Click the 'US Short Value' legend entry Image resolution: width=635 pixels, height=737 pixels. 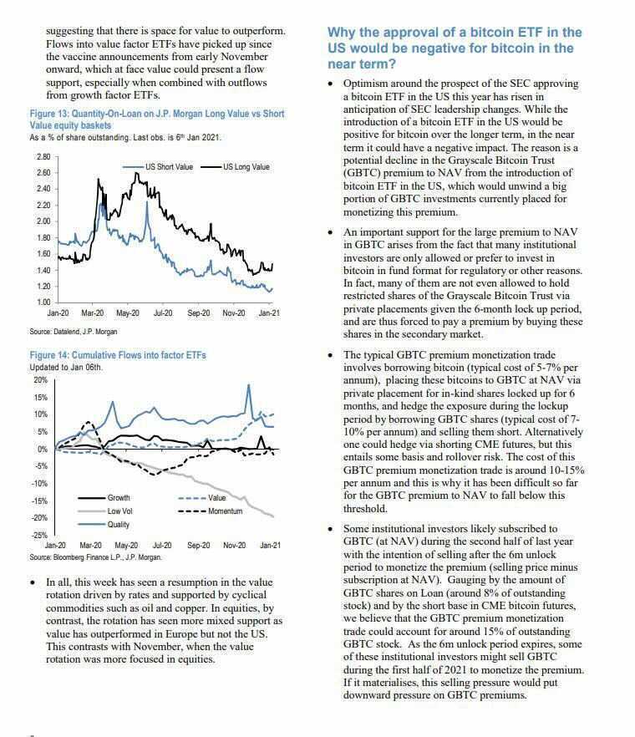[170, 167]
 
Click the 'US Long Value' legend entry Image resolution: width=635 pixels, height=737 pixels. [246, 167]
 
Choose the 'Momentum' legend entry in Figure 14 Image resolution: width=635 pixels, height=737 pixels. [225, 511]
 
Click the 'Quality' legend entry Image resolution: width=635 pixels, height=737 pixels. [119, 524]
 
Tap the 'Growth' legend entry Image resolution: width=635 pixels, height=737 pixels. [119, 498]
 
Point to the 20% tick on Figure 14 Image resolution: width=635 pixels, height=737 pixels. [40, 379]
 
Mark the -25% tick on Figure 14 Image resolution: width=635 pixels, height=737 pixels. [39, 536]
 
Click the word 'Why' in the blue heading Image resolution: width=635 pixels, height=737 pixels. [343, 33]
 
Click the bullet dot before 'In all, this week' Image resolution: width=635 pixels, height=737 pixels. [33, 582]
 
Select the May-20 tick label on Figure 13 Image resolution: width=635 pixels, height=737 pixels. [127, 313]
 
